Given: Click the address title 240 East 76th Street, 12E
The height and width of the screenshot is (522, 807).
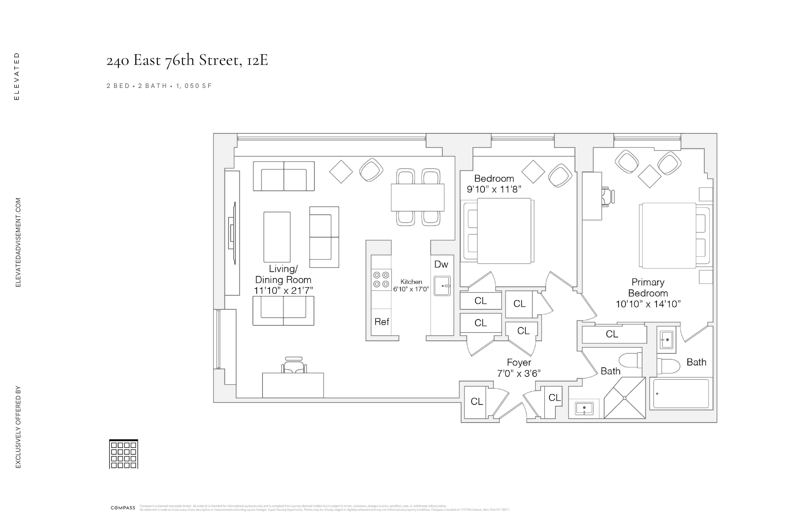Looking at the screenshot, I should [x=187, y=60].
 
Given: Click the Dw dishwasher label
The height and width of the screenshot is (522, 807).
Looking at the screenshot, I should [x=441, y=264].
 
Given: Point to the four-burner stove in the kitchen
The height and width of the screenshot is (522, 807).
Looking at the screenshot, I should [x=381, y=280].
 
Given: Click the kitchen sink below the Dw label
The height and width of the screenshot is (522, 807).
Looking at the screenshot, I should [x=442, y=286].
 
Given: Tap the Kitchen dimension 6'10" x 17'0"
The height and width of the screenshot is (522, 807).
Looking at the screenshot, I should [x=411, y=289].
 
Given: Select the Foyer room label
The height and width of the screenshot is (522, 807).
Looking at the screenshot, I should [x=519, y=362].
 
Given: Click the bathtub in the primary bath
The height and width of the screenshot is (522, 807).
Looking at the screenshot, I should [x=681, y=393].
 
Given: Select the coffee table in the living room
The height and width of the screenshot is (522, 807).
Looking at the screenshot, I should [x=277, y=237].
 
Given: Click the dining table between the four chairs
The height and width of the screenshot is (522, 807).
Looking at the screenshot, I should [x=417, y=198].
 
